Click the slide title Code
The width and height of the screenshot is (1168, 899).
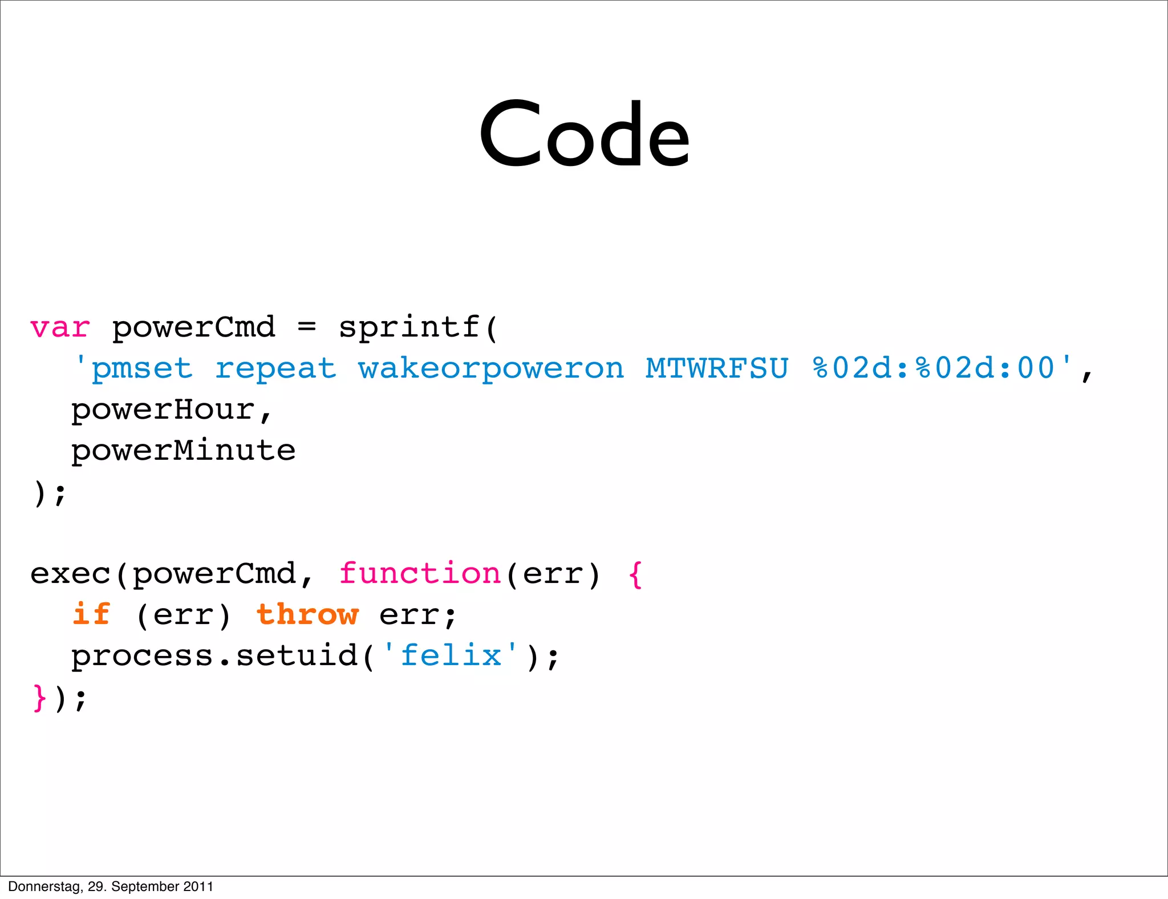(584, 136)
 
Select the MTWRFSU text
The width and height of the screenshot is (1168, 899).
(717, 368)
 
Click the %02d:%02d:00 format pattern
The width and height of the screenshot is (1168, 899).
(934, 368)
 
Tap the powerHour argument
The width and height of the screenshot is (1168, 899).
(163, 410)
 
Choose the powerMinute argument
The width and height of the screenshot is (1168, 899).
(183, 451)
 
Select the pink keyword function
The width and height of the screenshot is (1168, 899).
(420, 573)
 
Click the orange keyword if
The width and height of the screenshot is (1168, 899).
(91, 614)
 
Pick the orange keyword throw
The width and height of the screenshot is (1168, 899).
(307, 614)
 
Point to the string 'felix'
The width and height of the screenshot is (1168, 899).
(451, 655)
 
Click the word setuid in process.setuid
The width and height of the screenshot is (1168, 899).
(296, 655)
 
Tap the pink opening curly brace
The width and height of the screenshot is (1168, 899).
(635, 574)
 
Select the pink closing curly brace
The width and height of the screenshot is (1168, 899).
(39, 697)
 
